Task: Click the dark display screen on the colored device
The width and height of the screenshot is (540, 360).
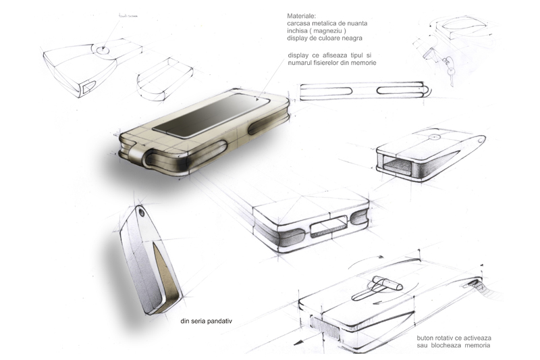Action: coord(211,115)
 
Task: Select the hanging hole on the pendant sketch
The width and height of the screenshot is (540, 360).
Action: coord(142,213)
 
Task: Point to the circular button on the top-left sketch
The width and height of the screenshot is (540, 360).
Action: coord(103,50)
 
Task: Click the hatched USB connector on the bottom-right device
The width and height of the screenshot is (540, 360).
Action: coord(325,328)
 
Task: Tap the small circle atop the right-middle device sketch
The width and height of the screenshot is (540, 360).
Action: coord(435,137)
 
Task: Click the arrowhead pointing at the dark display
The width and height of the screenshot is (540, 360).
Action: coord(257,99)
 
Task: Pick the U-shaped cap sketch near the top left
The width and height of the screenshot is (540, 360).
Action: coord(165,78)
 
